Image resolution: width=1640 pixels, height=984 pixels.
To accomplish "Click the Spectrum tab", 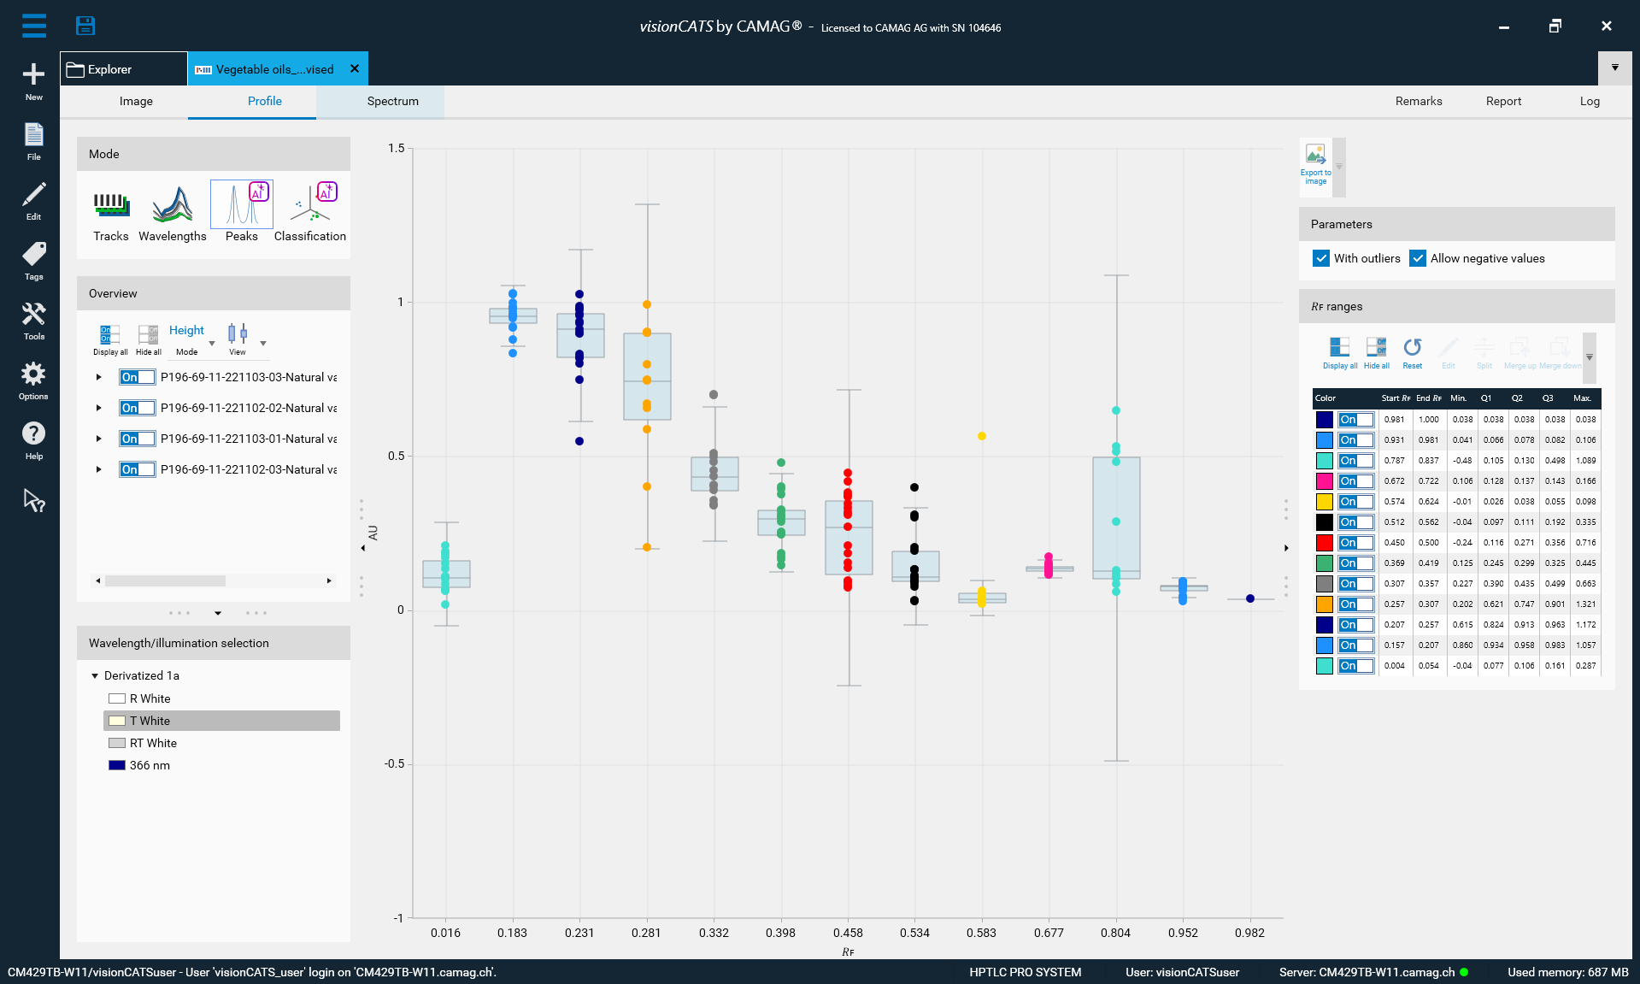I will (x=392, y=101).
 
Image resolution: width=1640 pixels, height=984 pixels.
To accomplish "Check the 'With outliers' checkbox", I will (x=1321, y=258).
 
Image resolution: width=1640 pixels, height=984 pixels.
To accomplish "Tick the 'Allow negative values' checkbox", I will (x=1418, y=258).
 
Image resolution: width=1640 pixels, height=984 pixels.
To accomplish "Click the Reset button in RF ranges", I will (x=1412, y=351).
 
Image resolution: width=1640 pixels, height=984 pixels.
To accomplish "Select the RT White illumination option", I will (x=153, y=743).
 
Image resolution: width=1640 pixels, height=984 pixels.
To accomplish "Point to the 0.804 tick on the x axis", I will (x=1115, y=933).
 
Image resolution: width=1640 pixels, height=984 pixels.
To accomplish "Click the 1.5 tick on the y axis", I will (x=397, y=148).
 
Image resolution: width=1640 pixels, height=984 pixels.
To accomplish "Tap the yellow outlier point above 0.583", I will (x=982, y=436).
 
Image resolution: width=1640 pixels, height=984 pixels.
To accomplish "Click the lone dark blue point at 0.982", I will (x=1250, y=598).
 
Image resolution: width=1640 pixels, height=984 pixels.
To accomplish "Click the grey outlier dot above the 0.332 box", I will (x=714, y=395).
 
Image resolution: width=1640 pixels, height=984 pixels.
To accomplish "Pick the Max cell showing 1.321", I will (x=1585, y=604).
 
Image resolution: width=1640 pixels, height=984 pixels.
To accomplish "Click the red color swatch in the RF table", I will (x=1324, y=543).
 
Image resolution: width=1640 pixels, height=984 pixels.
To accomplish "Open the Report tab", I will (x=1503, y=101).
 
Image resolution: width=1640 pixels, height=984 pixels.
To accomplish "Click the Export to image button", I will (x=1316, y=162).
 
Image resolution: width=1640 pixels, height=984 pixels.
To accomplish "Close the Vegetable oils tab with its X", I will (x=355, y=68).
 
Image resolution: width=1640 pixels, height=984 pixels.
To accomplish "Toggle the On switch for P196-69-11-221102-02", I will (x=137, y=408).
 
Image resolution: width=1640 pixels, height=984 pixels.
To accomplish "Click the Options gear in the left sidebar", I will (x=33, y=380).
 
